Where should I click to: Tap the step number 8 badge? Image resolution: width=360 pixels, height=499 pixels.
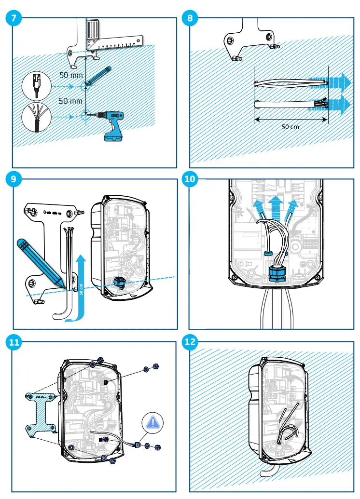coord(190,18)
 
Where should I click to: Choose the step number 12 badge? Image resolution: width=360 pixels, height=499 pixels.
coord(190,343)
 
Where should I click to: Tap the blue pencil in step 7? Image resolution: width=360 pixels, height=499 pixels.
coord(99,76)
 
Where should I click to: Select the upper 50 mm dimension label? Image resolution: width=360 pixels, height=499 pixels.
coord(71,75)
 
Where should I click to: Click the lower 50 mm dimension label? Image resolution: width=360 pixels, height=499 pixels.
coord(70,101)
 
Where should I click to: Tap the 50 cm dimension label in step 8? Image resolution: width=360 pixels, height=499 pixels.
coord(291,127)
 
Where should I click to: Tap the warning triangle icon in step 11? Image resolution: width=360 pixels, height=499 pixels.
coord(153,423)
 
